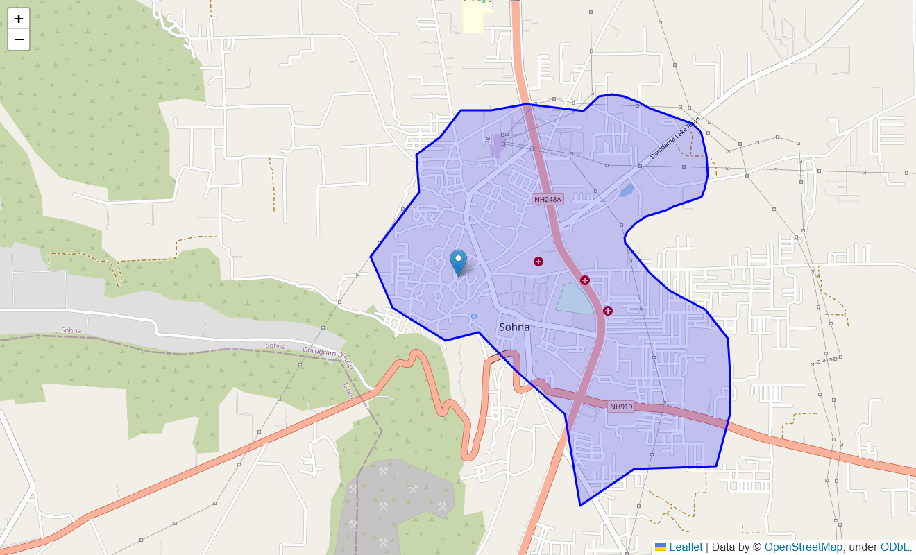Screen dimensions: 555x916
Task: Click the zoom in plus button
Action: click(19, 19)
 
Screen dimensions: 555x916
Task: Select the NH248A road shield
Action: click(548, 199)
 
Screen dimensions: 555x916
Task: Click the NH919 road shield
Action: click(621, 407)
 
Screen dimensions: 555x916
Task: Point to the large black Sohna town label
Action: click(514, 327)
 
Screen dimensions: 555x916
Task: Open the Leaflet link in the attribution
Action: click(686, 547)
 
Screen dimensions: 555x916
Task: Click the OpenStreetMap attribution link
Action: click(804, 547)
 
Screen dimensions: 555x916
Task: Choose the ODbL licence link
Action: click(894, 547)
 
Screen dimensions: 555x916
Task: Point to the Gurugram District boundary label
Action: click(328, 359)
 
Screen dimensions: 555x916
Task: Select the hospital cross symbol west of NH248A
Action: click(538, 262)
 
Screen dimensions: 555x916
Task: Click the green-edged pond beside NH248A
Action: click(575, 298)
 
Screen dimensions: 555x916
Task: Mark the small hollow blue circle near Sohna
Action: click(474, 316)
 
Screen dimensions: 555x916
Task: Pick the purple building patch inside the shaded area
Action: click(496, 148)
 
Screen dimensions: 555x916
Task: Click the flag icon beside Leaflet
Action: click(661, 547)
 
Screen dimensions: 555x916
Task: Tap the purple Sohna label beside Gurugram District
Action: click(275, 345)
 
